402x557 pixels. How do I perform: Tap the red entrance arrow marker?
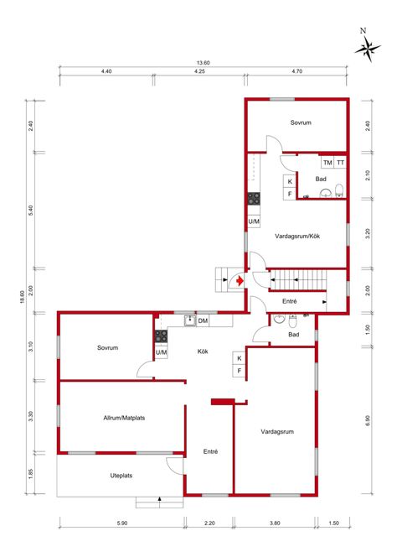coord(240,282)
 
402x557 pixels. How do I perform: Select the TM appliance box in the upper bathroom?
coord(327,163)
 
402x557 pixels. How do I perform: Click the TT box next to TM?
coord(340,163)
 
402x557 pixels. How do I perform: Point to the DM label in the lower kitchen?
coord(203,321)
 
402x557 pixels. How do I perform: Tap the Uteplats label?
coord(121,476)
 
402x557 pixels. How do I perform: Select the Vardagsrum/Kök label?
coord(297,237)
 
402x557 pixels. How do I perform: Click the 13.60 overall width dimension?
coord(203,63)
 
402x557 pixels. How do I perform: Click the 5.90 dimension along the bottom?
coord(121,523)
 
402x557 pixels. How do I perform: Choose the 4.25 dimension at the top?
coord(199,73)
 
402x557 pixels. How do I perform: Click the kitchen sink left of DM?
coord(190,320)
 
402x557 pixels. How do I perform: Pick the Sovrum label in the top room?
coord(301,123)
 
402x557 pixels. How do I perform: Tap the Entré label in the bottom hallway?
coord(210,451)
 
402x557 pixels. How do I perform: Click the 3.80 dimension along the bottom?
coord(275,523)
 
